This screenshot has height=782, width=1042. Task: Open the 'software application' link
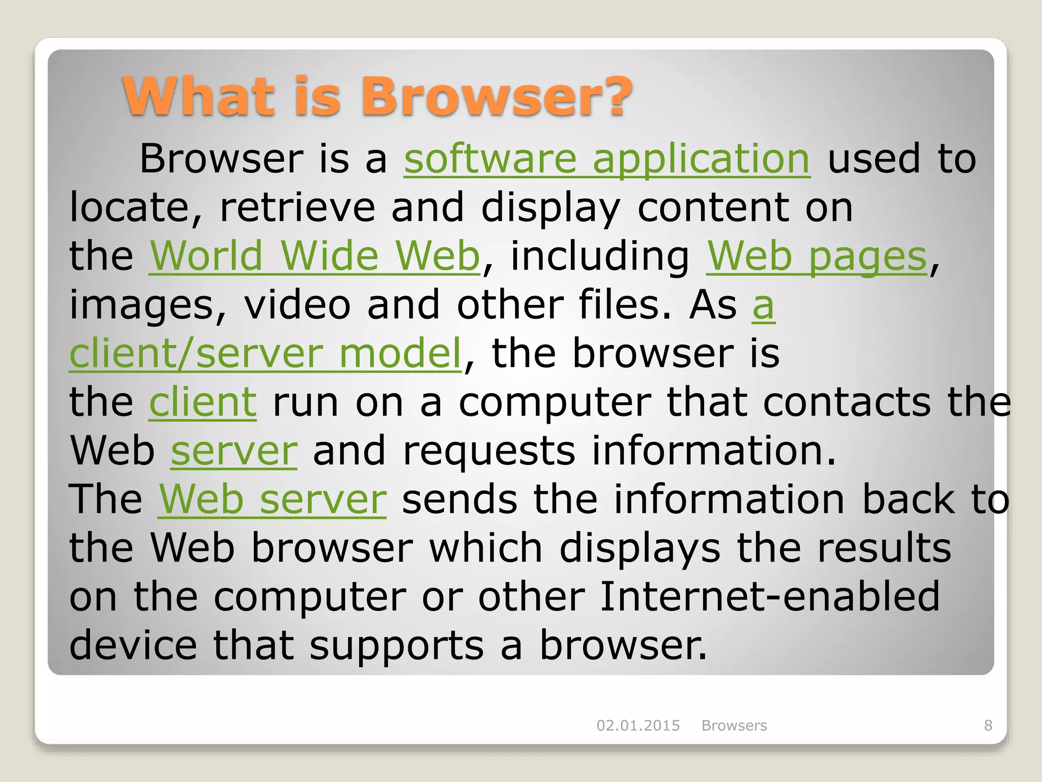coord(606,159)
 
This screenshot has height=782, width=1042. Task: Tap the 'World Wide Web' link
coord(314,256)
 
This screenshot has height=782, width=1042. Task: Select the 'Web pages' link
coord(817,257)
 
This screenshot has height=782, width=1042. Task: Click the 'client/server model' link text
coord(265,353)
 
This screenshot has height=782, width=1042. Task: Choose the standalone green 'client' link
coord(202,402)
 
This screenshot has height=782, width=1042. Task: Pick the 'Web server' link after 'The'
coord(272,499)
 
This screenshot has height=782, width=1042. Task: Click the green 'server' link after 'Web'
coord(234,451)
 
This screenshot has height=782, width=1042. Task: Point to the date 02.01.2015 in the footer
coord(638,725)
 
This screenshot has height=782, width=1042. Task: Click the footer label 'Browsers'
coord(734,725)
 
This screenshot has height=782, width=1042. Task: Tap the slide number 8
coord(988,725)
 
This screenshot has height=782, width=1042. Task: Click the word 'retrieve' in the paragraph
coord(297,208)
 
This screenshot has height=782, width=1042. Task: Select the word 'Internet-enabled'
coord(770,597)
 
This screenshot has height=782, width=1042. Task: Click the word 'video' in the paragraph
coord(297,304)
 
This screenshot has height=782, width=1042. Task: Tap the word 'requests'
coord(489,451)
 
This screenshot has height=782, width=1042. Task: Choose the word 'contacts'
coord(847,402)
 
